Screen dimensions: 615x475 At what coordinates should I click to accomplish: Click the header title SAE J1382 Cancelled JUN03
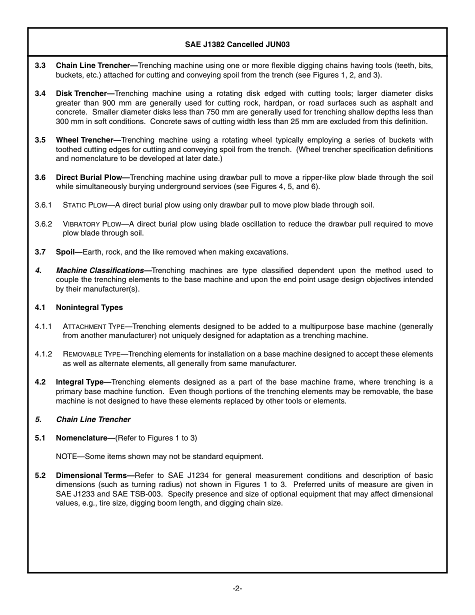pos(237,44)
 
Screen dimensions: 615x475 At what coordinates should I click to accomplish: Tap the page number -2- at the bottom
pos(237,588)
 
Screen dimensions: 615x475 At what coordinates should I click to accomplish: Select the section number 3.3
pos(40,65)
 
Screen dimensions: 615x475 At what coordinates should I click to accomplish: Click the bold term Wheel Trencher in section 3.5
pos(84,140)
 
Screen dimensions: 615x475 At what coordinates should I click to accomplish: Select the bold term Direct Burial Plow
pos(89,177)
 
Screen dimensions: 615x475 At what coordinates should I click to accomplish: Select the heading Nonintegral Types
pos(89,307)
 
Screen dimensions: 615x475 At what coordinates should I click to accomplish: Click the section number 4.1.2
pos(43,354)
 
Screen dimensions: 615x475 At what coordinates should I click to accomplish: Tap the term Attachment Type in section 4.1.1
pos(93,326)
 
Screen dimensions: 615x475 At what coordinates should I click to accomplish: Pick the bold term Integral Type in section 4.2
pos(79,382)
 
